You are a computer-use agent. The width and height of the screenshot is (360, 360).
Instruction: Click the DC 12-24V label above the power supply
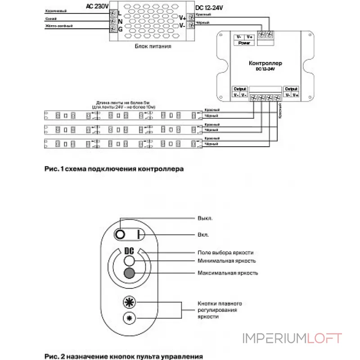click(209, 8)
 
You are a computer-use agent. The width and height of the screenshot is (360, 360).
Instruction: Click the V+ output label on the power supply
click(182, 18)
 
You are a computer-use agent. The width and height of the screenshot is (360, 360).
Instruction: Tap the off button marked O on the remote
click(121, 234)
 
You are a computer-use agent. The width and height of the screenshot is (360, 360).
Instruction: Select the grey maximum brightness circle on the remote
click(130, 273)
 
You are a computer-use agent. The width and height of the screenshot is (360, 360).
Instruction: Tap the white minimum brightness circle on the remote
click(130, 261)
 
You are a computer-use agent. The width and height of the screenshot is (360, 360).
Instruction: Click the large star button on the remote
click(129, 302)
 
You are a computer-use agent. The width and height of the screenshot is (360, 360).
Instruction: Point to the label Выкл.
click(205, 218)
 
